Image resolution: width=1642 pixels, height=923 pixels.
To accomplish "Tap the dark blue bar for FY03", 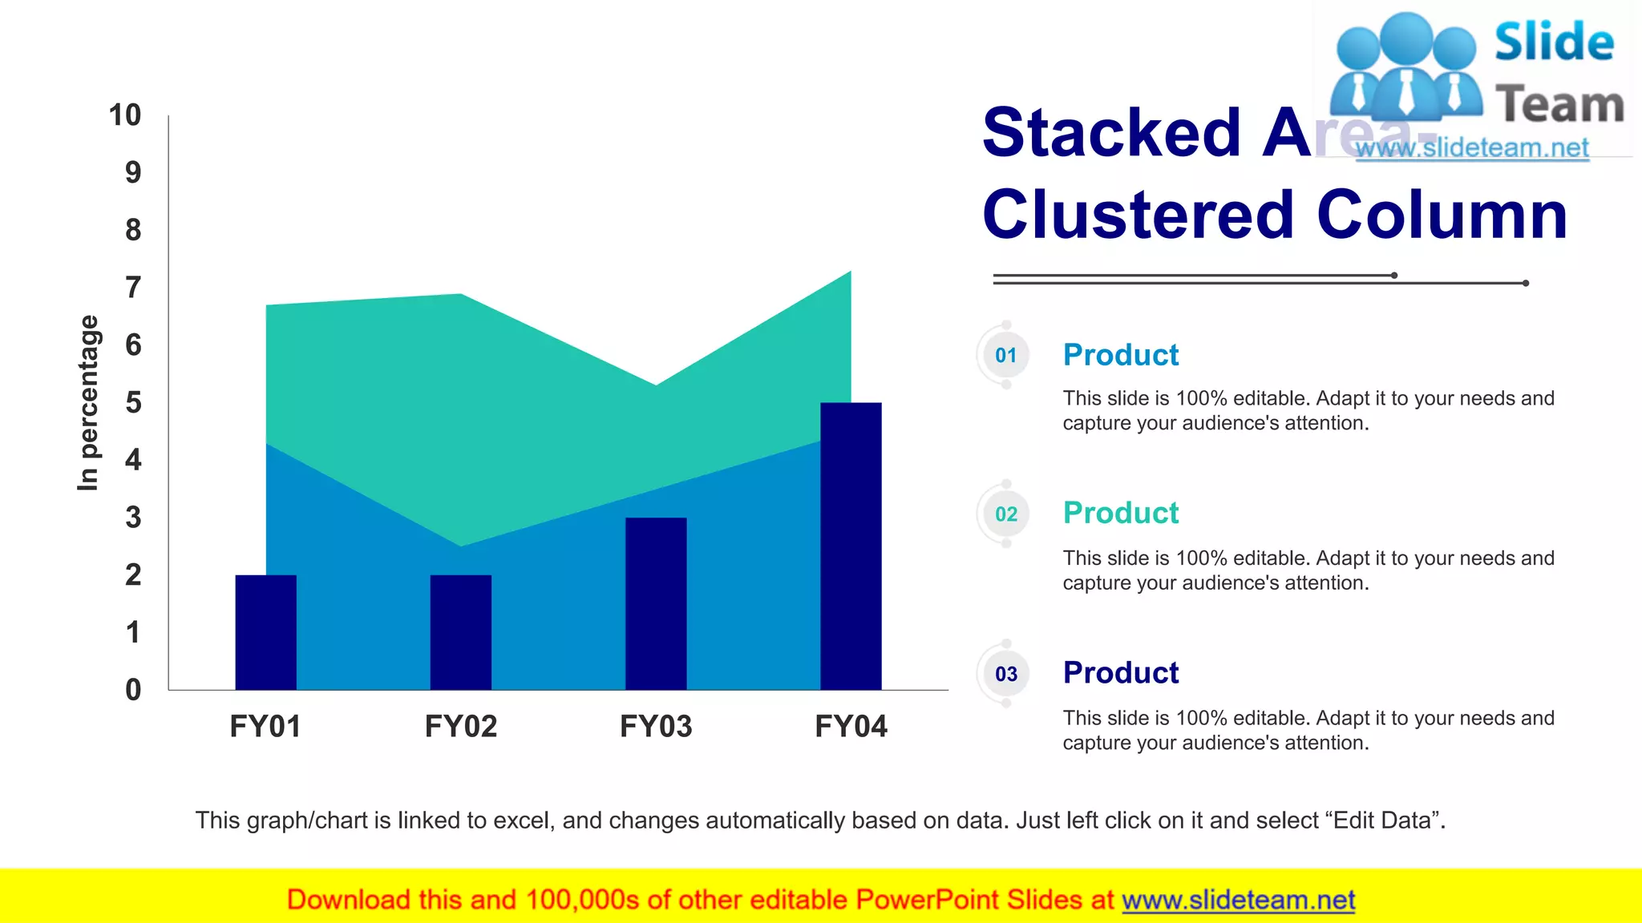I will click(x=656, y=603).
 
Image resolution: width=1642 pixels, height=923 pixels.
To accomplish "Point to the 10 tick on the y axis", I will click(x=125, y=115).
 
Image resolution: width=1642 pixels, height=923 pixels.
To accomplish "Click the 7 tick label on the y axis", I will click(x=133, y=288).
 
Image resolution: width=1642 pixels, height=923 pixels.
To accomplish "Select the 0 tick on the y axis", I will click(x=133, y=690).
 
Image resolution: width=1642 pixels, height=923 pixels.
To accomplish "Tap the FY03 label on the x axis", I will click(x=656, y=727).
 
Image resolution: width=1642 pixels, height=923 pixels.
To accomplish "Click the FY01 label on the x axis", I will click(x=265, y=727).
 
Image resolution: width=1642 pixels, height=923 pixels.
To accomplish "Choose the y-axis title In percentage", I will click(x=88, y=402).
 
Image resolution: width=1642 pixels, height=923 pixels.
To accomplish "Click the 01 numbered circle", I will click(x=1006, y=355).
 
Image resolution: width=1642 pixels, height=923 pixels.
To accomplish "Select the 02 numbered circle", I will click(x=1006, y=514).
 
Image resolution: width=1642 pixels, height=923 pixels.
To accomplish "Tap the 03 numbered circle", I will click(x=1006, y=674).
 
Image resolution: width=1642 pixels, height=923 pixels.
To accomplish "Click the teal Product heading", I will click(x=1120, y=513).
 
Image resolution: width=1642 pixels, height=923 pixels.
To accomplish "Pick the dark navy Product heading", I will click(x=1120, y=673).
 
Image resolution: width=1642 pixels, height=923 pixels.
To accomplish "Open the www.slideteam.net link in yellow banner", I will click(x=1238, y=901).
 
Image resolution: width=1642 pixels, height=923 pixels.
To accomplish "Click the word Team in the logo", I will click(x=1559, y=105).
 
